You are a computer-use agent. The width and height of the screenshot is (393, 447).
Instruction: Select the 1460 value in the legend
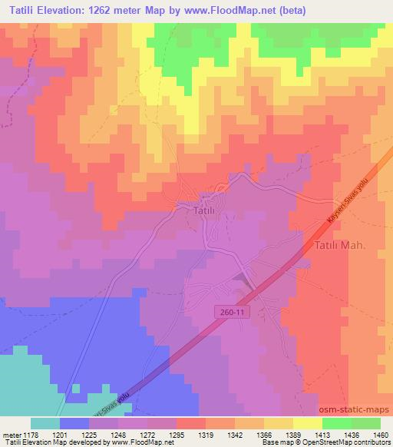(372, 434)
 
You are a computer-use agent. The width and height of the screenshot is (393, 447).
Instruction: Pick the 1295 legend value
(177, 434)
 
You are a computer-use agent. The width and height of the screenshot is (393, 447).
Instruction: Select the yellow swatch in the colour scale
(307, 423)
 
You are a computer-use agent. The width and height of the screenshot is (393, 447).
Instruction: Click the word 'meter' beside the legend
(10, 434)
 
